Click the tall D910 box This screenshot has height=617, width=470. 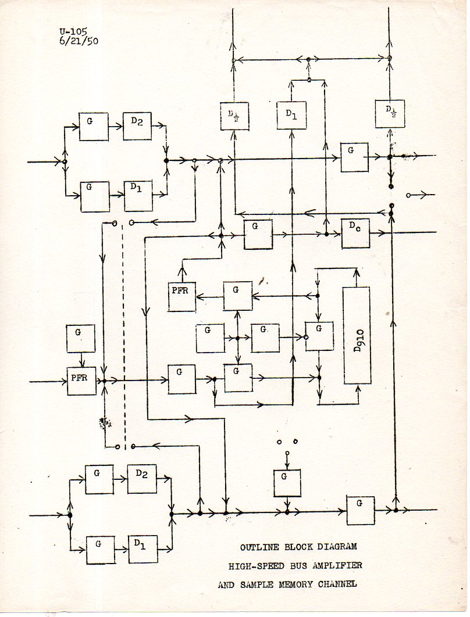pyautogui.click(x=357, y=335)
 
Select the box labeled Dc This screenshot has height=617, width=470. pyautogui.click(x=355, y=234)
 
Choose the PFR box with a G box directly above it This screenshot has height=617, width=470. pyautogui.click(x=81, y=381)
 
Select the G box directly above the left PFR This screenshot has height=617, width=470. pyautogui.click(x=81, y=338)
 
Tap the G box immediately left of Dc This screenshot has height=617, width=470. pyautogui.click(x=258, y=234)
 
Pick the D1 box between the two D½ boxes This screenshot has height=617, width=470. pyautogui.click(x=291, y=115)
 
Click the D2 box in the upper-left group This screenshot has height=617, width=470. pyautogui.click(x=137, y=126)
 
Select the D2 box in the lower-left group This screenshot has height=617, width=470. pyautogui.click(x=141, y=479)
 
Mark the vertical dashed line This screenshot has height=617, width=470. pyautogui.click(x=124, y=331)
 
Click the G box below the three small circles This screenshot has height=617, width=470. pyautogui.click(x=287, y=483)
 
